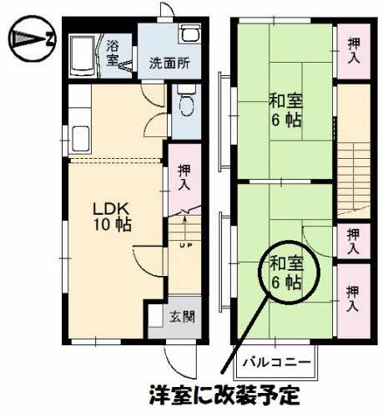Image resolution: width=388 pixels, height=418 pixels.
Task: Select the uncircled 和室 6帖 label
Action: pos(285,110)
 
